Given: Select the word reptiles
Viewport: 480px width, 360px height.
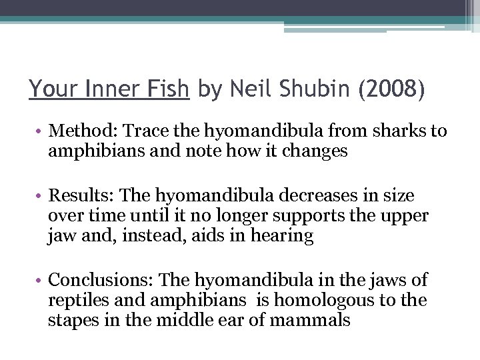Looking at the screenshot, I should click(75, 300).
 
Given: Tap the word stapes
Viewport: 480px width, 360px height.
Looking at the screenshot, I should click(68, 319).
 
